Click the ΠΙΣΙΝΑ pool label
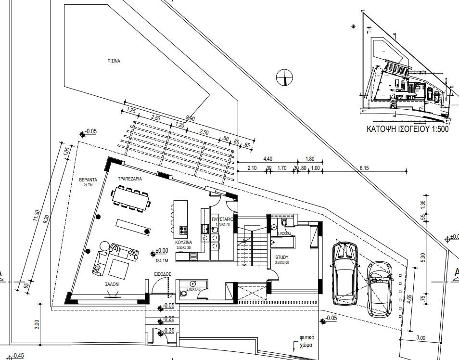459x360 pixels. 114,62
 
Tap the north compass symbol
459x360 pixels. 285,77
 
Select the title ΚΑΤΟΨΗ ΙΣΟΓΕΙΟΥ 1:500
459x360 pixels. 407,129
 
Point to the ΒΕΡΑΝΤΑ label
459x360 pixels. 89,180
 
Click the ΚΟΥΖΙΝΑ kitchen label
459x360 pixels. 184,243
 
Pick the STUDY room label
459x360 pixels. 282,257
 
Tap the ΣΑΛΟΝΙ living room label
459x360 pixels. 113,284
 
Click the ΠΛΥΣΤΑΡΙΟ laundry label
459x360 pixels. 223,219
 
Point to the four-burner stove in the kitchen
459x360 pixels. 184,230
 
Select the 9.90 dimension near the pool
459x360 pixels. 190,118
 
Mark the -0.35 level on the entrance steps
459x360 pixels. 168,331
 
